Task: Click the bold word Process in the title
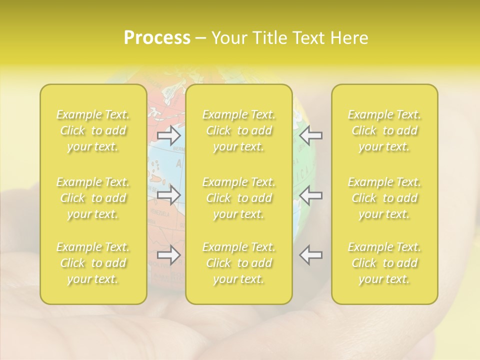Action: coord(157,37)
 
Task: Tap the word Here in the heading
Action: coord(349,37)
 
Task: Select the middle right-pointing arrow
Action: coord(169,195)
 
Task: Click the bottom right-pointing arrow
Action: coord(169,255)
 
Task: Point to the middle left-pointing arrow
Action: coord(311,195)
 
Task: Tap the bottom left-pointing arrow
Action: coord(311,255)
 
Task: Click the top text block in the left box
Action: coord(93,130)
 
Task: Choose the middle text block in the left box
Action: coord(93,198)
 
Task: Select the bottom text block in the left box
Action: coord(93,263)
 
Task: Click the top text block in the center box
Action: coord(239,130)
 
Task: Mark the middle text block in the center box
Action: coord(239,198)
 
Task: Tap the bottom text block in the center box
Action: coord(239,263)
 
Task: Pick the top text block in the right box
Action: coord(384,130)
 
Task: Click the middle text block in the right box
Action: coord(384,198)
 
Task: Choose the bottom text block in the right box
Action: coord(384,263)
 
